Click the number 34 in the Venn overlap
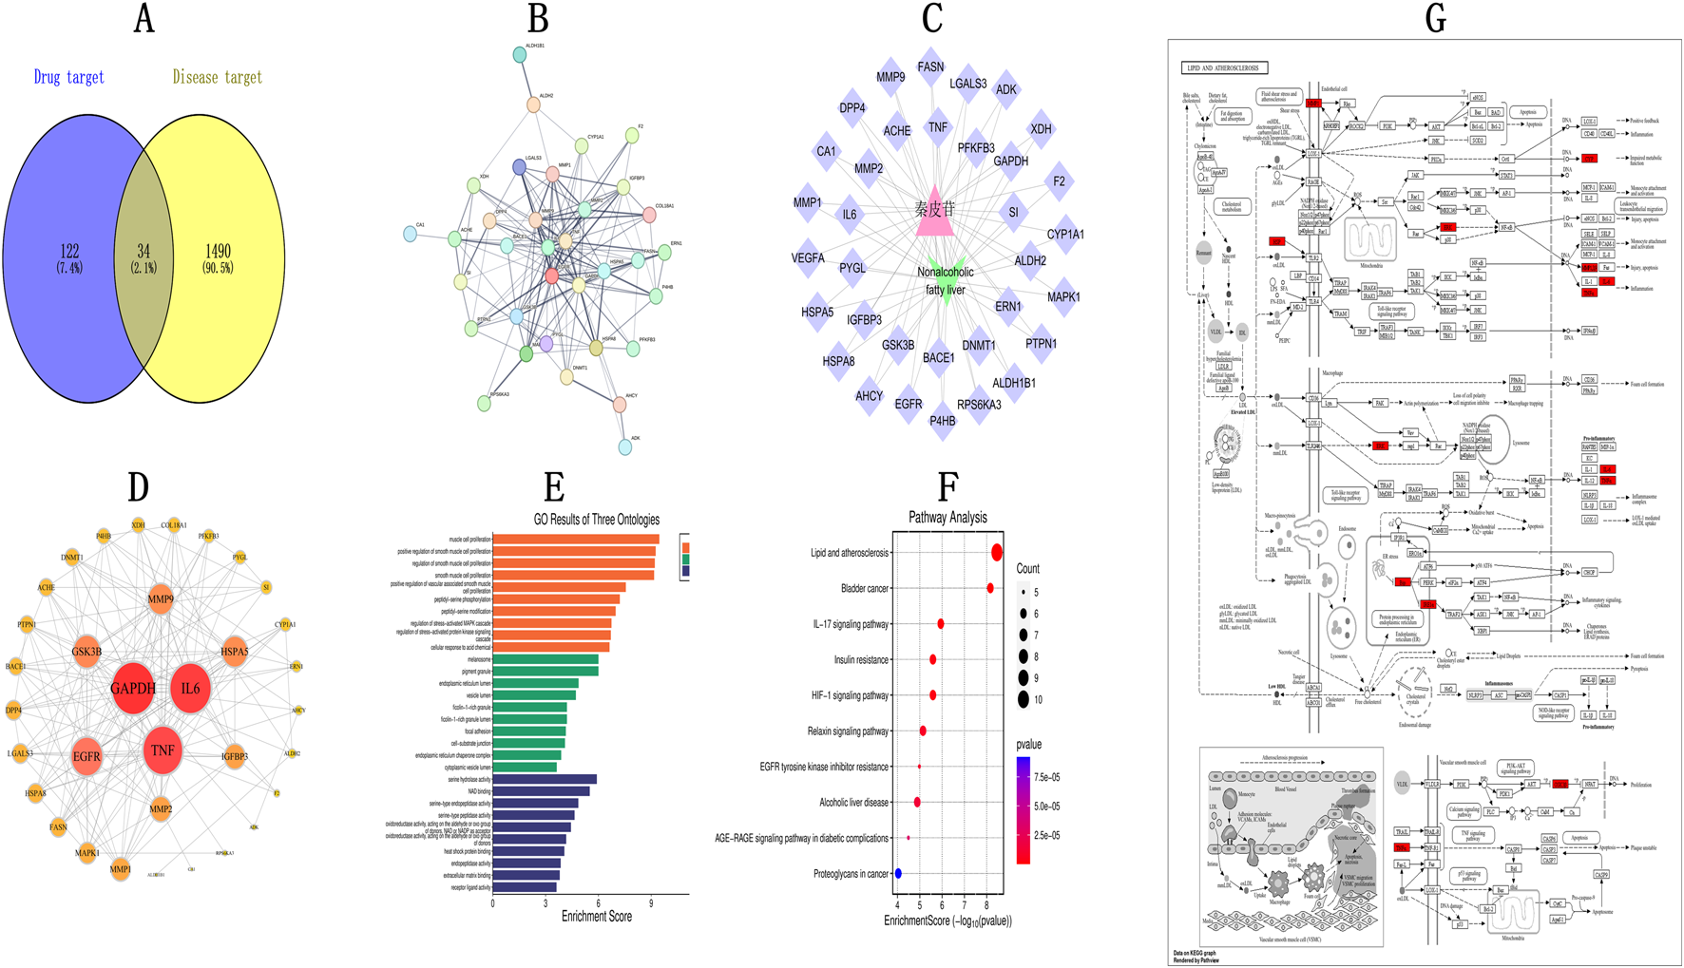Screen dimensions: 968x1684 (x=144, y=252)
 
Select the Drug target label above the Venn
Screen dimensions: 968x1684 (x=68, y=77)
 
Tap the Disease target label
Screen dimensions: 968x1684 (x=217, y=77)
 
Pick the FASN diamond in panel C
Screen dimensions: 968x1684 (x=930, y=67)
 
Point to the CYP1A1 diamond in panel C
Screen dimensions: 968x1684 (x=1064, y=234)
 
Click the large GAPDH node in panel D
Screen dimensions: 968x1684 (x=133, y=688)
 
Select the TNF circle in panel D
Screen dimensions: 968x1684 (x=163, y=750)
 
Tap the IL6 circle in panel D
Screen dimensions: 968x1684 (x=191, y=688)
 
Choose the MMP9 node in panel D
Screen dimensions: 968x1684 (x=161, y=599)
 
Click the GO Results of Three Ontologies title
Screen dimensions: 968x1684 (x=596, y=520)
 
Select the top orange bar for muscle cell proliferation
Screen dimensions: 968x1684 (x=576, y=540)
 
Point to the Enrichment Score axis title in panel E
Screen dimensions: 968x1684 (x=596, y=917)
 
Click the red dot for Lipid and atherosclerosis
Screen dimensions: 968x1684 (x=997, y=553)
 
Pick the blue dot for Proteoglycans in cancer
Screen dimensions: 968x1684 (x=898, y=874)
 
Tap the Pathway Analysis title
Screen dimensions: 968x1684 (x=947, y=518)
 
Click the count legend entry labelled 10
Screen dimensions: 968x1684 (x=1024, y=700)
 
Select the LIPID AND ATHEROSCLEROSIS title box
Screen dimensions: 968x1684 (x=1224, y=68)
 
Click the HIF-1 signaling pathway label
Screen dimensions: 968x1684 (x=850, y=695)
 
